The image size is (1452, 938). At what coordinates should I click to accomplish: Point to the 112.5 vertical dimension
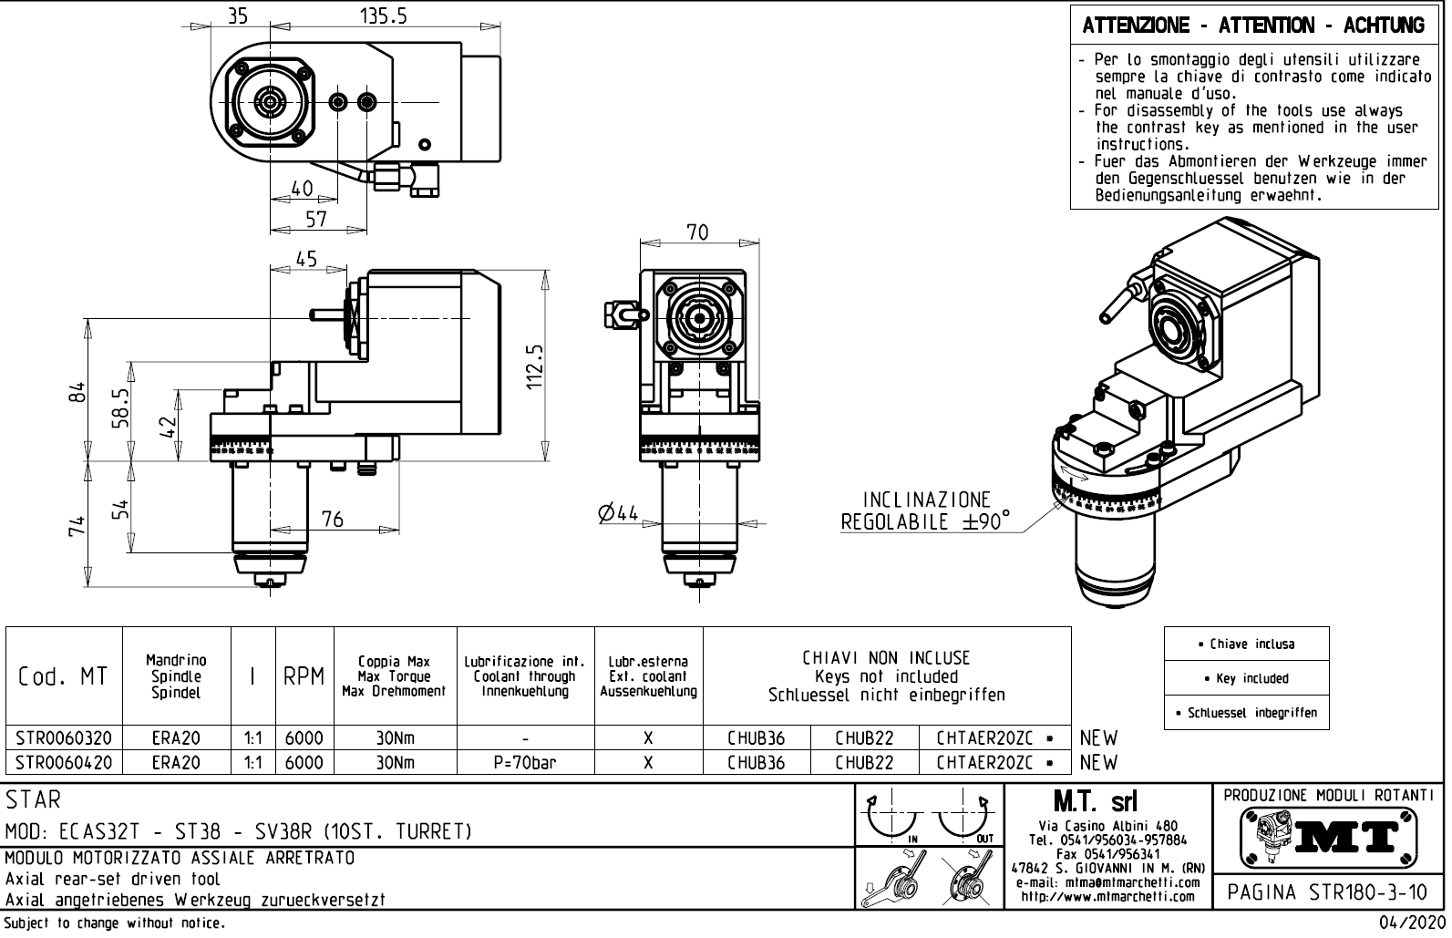coord(536,366)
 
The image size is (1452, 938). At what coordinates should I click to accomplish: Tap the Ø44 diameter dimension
coord(619,513)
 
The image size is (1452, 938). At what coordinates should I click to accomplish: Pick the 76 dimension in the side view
coord(333,520)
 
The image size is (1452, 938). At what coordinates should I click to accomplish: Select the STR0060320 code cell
coord(64,737)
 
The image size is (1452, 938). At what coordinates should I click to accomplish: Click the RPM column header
coord(304,676)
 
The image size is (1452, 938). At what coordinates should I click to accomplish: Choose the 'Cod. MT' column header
coord(63,676)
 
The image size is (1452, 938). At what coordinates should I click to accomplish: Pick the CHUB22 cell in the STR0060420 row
coord(864,762)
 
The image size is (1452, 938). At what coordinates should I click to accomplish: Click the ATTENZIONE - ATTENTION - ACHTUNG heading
coord(1253,26)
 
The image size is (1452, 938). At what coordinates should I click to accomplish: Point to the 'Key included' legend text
coord(1246,678)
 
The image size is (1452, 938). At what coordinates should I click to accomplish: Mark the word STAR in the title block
coord(34,800)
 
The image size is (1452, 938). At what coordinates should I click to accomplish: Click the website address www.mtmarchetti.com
coord(1107,896)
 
